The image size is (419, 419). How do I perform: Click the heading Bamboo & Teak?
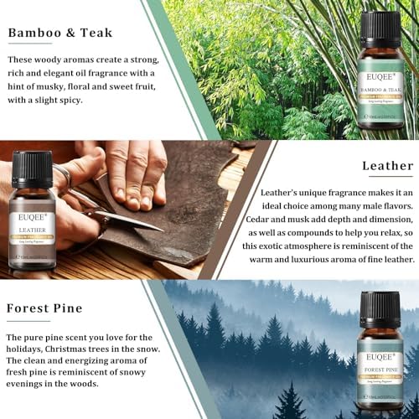pyautogui.click(x=60, y=34)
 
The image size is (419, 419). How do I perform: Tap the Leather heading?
pyautogui.click(x=387, y=165)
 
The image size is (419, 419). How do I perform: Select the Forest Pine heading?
pyautogui.click(x=44, y=308)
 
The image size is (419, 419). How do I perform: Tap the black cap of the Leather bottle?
pyautogui.click(x=34, y=167)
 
